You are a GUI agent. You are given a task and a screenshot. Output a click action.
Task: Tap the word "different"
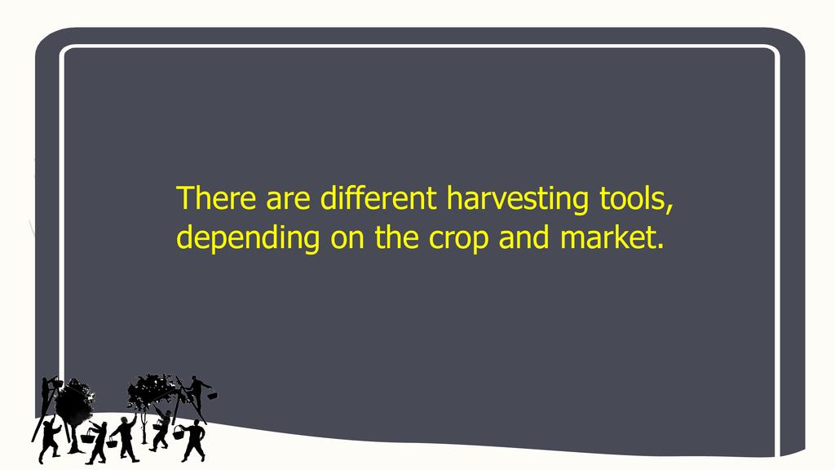pos(378,197)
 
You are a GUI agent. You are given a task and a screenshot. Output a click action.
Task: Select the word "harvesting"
pos(517,200)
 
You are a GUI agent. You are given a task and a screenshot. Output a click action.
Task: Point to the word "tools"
pos(632,197)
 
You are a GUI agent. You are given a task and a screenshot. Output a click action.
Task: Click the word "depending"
pos(248,239)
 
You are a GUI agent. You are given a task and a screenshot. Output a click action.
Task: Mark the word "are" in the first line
pos(288,201)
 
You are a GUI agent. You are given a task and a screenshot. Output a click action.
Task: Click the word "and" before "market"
pos(524,237)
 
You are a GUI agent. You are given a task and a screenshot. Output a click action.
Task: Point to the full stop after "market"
pos(660,247)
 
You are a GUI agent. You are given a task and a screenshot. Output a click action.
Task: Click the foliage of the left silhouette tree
pos(74,401)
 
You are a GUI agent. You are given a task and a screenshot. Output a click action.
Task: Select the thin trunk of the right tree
pos(144,426)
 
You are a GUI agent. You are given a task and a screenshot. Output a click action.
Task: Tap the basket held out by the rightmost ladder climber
pos(212,396)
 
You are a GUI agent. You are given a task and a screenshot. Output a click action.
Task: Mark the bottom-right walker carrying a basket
pos(192,440)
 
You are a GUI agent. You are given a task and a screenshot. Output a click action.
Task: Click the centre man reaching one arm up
pos(125,438)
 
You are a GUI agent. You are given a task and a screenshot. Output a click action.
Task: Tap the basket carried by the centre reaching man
pos(113,442)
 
